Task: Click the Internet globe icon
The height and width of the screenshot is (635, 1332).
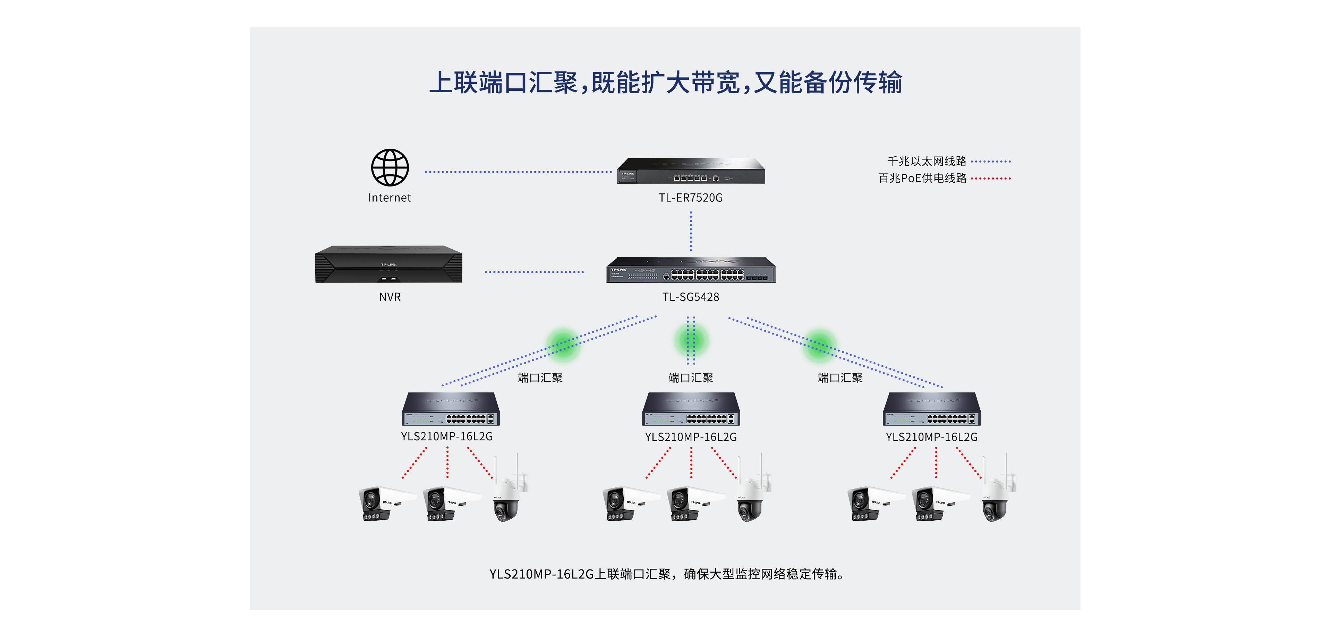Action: pyautogui.click(x=390, y=167)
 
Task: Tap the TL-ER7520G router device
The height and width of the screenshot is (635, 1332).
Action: pyautogui.click(x=691, y=171)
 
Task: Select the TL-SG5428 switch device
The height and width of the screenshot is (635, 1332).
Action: pyautogui.click(x=691, y=270)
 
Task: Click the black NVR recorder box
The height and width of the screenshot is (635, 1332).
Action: pyautogui.click(x=389, y=264)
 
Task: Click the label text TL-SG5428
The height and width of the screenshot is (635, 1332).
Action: pyautogui.click(x=691, y=297)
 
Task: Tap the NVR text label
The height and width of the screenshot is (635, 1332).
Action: pyautogui.click(x=390, y=297)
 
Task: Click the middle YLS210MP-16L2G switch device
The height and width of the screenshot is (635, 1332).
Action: pyautogui.click(x=691, y=409)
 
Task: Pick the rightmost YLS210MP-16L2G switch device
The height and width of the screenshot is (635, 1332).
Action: pyautogui.click(x=932, y=409)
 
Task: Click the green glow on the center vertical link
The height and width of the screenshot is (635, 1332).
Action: pyautogui.click(x=691, y=340)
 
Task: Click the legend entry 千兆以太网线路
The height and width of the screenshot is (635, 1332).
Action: pyautogui.click(x=927, y=161)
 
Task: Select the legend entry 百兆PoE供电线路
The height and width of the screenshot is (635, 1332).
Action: pyautogui.click(x=922, y=178)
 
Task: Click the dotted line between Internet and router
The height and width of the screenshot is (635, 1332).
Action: pyautogui.click(x=518, y=172)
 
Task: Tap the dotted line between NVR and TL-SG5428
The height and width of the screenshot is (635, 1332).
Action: pyautogui.click(x=534, y=272)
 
